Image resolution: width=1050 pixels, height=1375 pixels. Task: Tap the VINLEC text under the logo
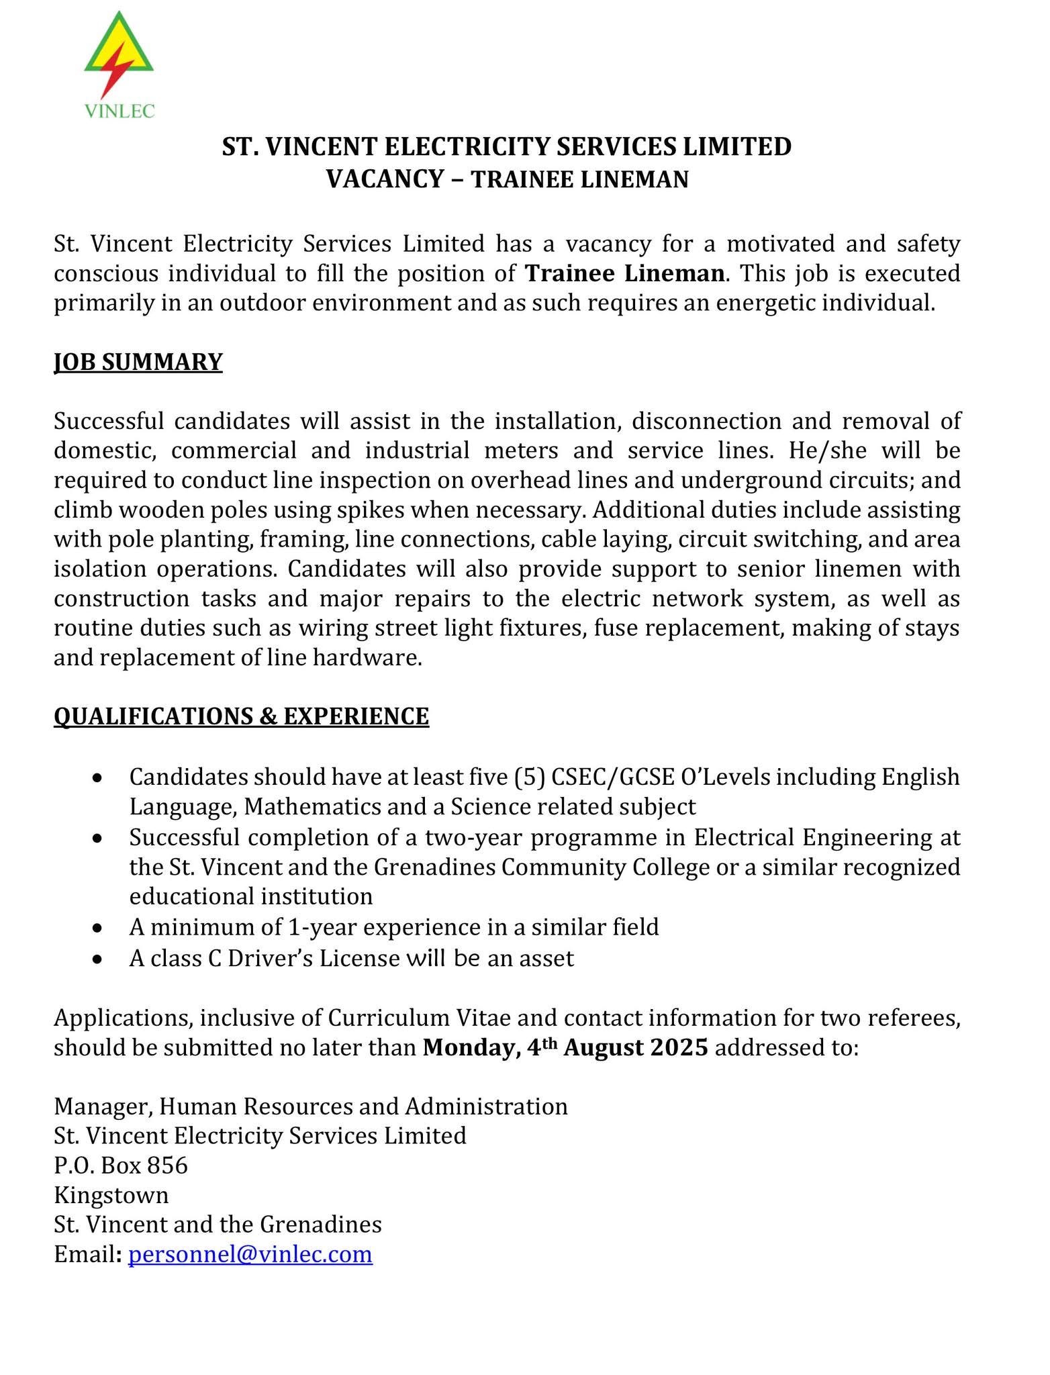click(120, 111)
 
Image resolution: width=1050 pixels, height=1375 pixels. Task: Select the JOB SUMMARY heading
click(138, 362)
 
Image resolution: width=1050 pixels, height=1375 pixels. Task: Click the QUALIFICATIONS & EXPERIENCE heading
click(241, 716)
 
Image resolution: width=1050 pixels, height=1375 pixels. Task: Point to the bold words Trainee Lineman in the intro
click(625, 273)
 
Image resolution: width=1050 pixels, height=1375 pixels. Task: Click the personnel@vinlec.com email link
click(250, 1254)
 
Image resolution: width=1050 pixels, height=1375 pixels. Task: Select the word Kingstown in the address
click(111, 1195)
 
